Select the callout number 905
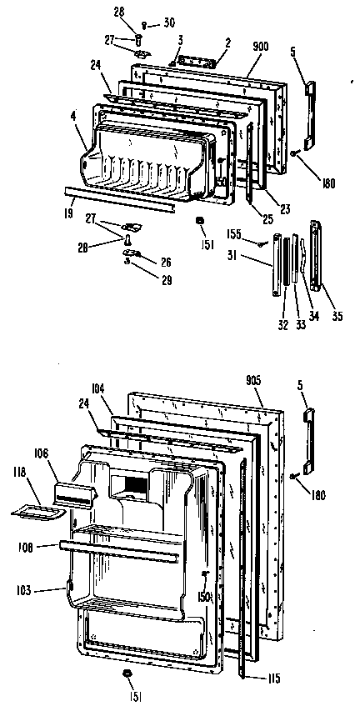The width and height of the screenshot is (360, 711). tap(254, 379)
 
